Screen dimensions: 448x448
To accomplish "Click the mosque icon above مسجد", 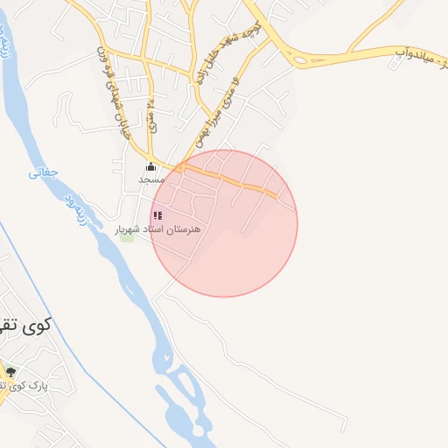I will tap(150, 167).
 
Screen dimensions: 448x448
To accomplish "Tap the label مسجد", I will tap(150, 179).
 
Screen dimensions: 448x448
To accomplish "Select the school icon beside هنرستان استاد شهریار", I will tap(157, 215).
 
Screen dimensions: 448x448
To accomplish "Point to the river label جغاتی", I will tap(44, 172).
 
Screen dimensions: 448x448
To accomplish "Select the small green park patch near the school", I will tap(128, 236).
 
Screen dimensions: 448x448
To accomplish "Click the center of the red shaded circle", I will tap(224, 223).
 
